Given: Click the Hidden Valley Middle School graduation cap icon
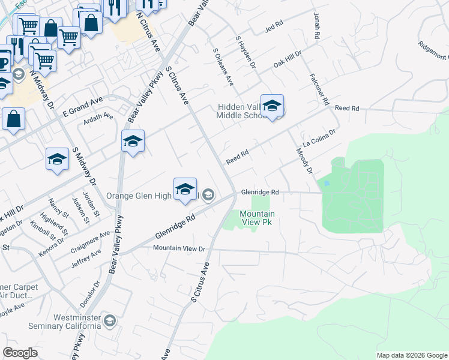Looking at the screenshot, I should [272, 107].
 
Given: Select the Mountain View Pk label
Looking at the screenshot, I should [258, 218].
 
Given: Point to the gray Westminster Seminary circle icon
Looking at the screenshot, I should [109, 321].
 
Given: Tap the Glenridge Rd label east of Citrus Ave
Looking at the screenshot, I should [261, 192].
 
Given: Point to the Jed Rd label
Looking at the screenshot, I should [273, 28].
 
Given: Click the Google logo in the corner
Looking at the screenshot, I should [20, 353].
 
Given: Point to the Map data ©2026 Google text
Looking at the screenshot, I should [412, 355].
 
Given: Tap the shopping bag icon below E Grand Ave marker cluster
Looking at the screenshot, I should [13, 118].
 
